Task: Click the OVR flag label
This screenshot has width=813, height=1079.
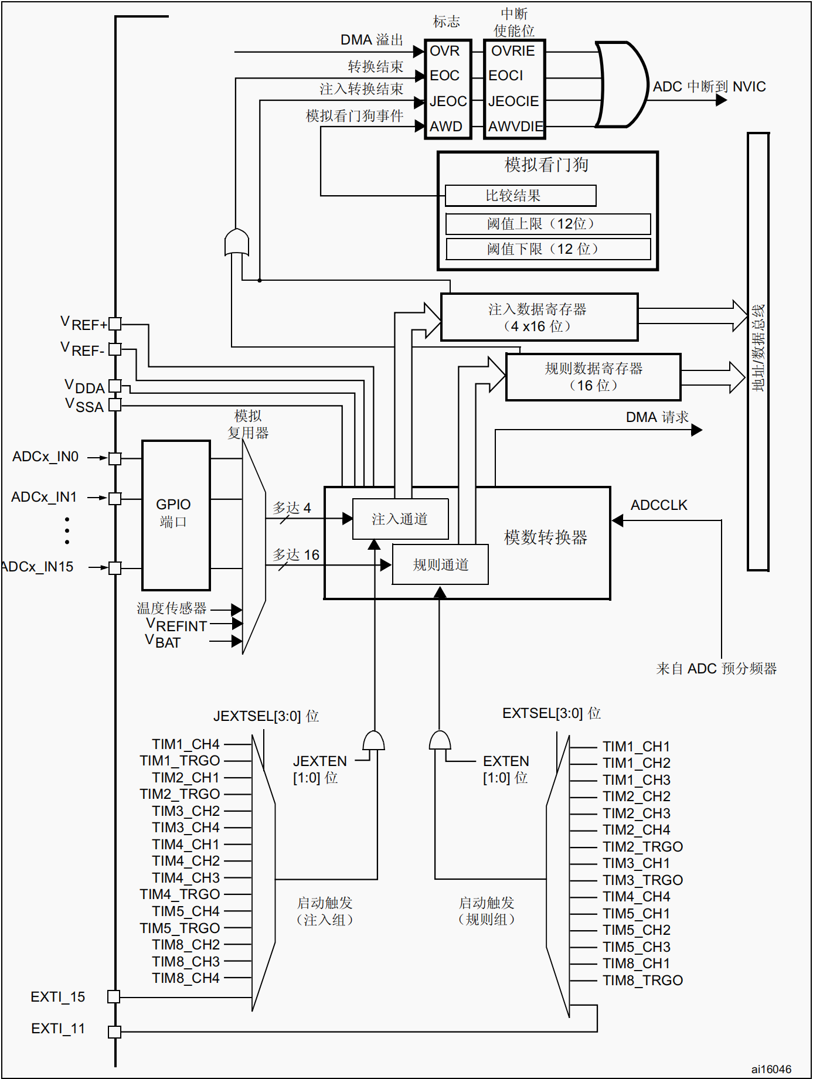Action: (444, 51)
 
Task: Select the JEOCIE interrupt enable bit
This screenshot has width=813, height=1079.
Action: (513, 101)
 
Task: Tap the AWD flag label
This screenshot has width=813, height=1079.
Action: (445, 127)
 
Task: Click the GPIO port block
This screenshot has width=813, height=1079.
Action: (176, 515)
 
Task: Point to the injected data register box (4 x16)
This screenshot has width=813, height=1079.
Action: (539, 317)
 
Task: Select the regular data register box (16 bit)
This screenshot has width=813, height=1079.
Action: (593, 377)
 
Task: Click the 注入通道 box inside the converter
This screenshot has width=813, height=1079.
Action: (400, 519)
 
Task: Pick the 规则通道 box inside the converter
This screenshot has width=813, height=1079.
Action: (440, 564)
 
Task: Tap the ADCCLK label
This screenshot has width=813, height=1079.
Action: (659, 505)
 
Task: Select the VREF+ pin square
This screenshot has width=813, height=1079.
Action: (115, 324)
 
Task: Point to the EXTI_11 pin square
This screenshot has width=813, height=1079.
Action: (115, 1032)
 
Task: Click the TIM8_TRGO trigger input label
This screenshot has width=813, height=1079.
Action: (642, 981)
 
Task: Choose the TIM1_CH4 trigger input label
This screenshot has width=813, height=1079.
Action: (186, 744)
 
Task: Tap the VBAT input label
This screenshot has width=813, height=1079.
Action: (163, 641)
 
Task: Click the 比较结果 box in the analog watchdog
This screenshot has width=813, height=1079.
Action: (521, 196)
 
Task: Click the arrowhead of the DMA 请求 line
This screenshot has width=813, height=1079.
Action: (697, 430)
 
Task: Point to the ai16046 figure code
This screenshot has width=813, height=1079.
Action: (771, 1069)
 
